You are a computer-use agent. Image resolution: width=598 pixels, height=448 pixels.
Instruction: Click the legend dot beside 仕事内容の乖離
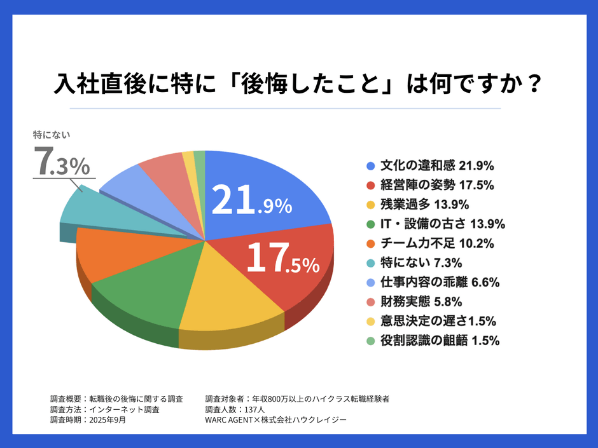tap(370, 282)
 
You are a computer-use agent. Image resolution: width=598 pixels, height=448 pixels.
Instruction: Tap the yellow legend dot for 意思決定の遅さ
tap(370, 321)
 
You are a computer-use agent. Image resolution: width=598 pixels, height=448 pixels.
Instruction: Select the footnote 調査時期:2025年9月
tap(88, 420)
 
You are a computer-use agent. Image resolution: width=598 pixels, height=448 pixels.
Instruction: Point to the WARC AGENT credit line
tap(275, 420)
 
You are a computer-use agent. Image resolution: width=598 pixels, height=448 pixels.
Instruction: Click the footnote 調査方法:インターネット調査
tap(104, 409)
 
